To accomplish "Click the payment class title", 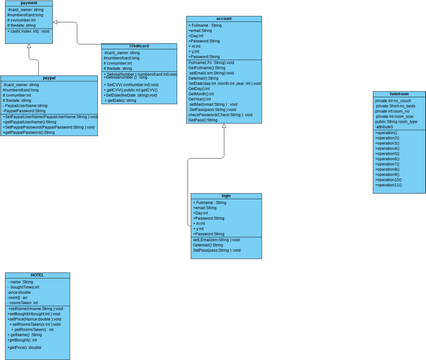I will pos(28,4).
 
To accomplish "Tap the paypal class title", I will pos(49,77).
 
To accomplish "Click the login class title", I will pos(225,196).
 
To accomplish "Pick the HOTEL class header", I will pos(37,274).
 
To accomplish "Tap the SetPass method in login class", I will pos(221,250).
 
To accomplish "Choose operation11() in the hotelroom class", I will pos(388,185).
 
